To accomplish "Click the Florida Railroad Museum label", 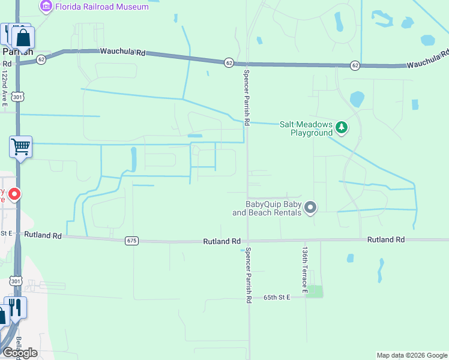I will pyautogui.click(x=101, y=7).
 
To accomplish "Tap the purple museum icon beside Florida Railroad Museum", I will pyautogui.click(x=46, y=7).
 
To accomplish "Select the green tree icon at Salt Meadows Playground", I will pyautogui.click(x=342, y=127).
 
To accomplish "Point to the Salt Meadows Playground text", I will pyautogui.click(x=306, y=128).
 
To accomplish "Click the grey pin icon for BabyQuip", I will pyautogui.click(x=310, y=208).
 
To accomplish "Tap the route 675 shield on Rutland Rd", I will pyautogui.click(x=132, y=241).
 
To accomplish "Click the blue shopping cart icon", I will pyautogui.click(x=20, y=146).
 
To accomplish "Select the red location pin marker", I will pyautogui.click(x=14, y=194).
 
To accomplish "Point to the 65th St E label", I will pyautogui.click(x=277, y=297).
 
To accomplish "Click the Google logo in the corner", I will pyautogui.click(x=20, y=353).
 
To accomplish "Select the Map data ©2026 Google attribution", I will pyautogui.click(x=412, y=355).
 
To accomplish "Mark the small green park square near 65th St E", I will pyautogui.click(x=314, y=292).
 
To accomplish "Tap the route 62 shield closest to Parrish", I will pyautogui.click(x=41, y=59).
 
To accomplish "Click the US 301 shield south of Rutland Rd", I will pyautogui.click(x=16, y=280).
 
